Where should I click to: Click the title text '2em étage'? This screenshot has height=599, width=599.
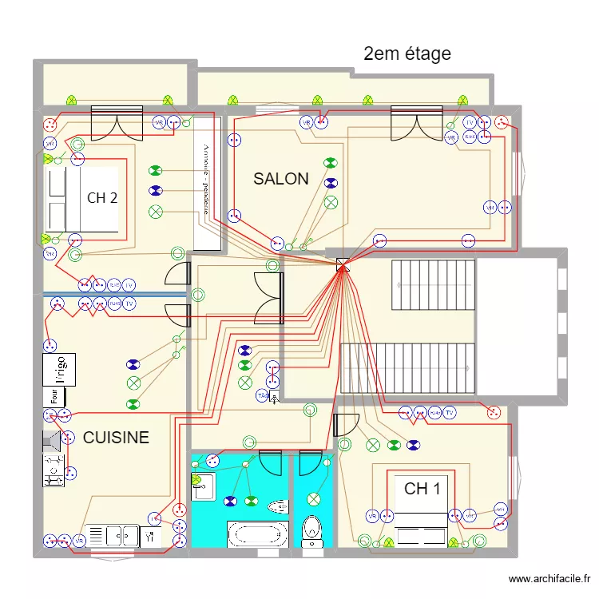tap(407, 54)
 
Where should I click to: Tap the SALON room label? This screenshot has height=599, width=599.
tap(281, 179)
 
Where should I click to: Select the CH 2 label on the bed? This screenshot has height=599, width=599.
tap(102, 198)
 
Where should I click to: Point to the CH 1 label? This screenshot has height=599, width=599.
tap(422, 489)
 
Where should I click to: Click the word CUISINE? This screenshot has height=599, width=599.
tap(116, 438)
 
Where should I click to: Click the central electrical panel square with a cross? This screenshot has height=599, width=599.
tap(343, 264)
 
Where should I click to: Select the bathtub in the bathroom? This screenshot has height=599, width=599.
tap(257, 534)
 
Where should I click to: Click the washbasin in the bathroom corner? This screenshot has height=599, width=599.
tap(202, 486)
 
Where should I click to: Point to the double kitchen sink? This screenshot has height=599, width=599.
tap(112, 535)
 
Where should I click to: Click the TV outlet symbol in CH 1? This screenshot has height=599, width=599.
tap(450, 413)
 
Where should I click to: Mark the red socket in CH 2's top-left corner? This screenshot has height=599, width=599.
tap(50, 124)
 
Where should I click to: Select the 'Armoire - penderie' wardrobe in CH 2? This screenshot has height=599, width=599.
tap(206, 181)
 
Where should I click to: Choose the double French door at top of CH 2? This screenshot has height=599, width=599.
tap(117, 123)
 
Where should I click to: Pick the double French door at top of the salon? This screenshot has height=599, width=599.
tap(416, 124)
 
